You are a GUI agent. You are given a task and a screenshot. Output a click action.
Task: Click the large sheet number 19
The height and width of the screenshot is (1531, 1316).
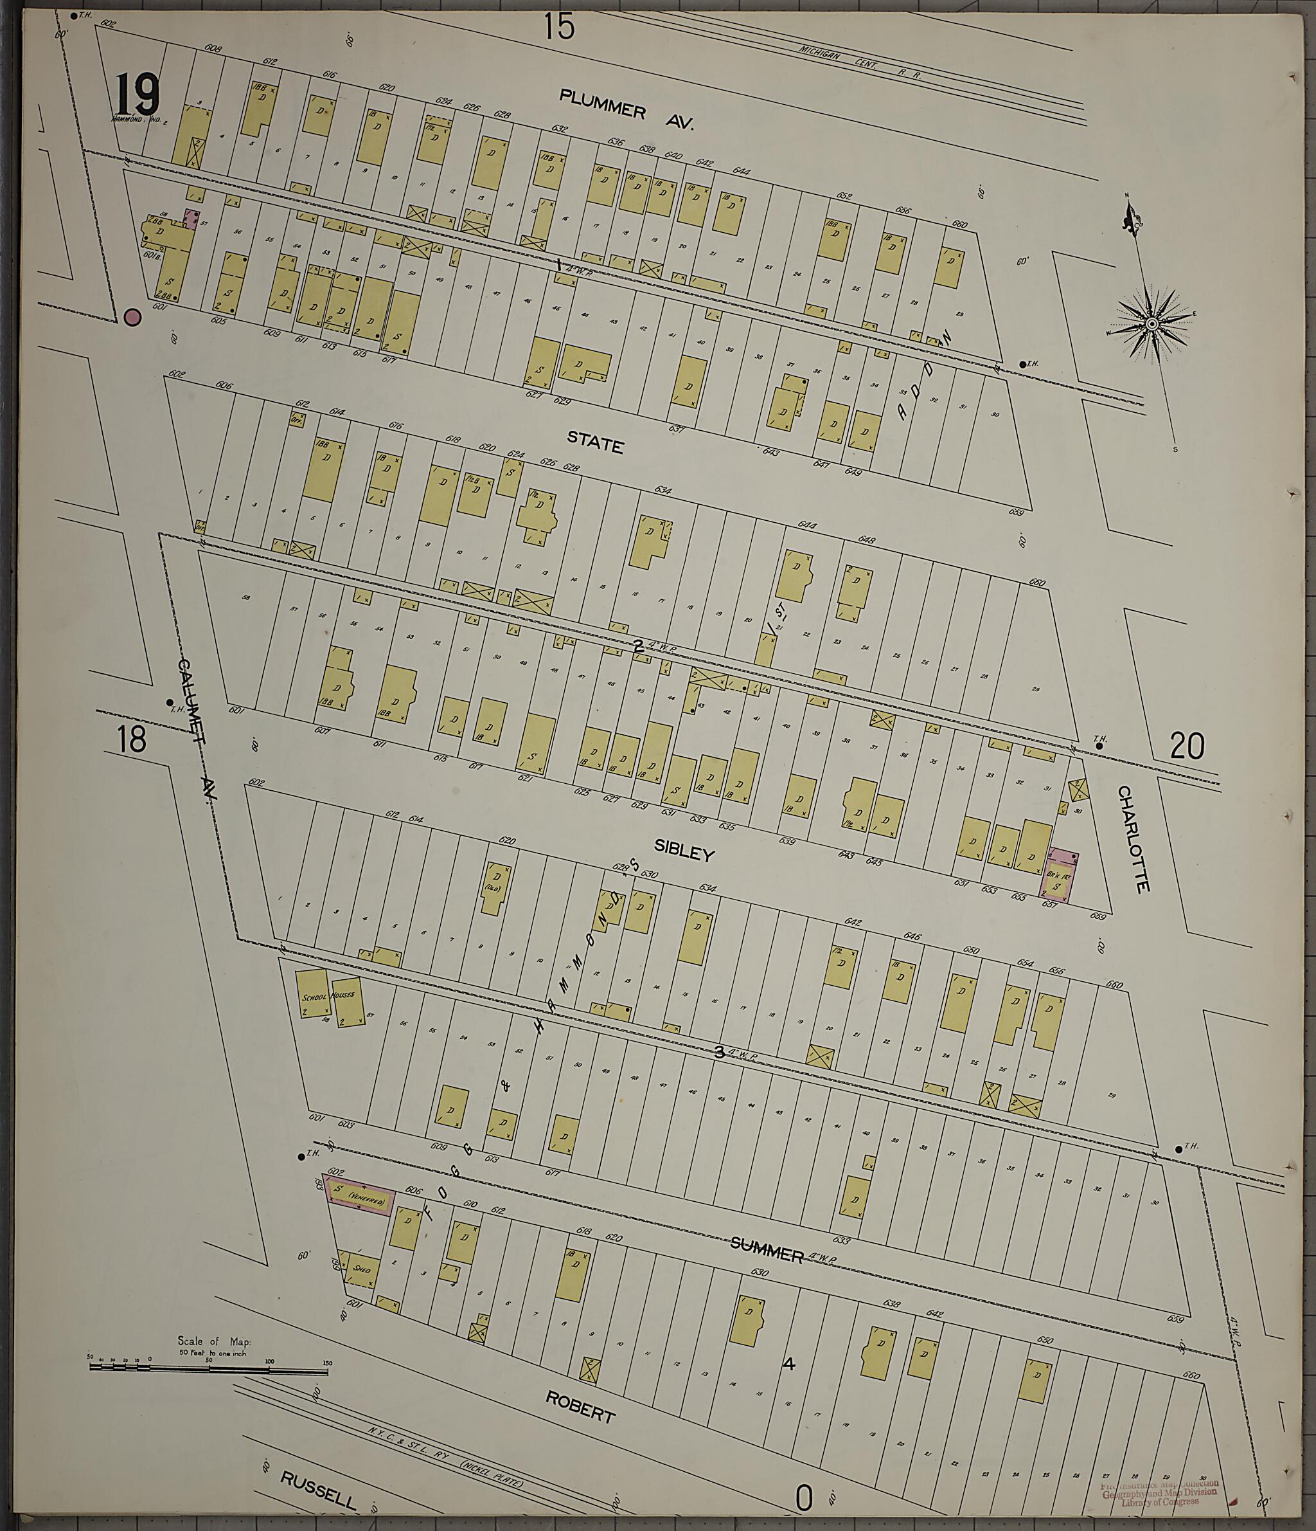pos(138,95)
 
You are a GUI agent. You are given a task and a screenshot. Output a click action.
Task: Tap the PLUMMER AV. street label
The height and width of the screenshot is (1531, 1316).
pos(627,109)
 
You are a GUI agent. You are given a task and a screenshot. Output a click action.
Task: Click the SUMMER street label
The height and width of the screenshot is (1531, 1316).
pos(767,1251)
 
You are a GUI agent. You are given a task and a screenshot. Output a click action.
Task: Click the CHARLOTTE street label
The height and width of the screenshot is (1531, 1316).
pos(1134,838)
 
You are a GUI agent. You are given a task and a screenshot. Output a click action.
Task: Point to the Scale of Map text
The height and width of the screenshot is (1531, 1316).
pos(214,1341)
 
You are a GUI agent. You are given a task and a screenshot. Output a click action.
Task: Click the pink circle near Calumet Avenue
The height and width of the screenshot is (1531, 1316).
pos(133,317)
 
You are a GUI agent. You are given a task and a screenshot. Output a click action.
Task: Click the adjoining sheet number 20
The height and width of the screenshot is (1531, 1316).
pos(1187,745)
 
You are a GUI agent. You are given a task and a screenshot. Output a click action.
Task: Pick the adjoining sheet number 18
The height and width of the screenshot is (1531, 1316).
pos(132,739)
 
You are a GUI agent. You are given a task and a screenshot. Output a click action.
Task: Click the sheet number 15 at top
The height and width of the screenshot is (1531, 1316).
pos(559,28)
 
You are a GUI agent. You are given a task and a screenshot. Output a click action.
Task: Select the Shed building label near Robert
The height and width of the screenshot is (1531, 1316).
pos(361,1269)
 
